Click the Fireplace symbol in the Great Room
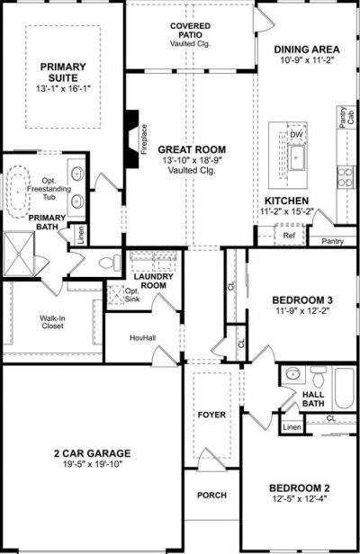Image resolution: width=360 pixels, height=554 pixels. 132,138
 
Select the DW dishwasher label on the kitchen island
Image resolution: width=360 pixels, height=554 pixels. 296,135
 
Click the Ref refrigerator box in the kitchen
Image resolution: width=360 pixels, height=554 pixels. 289,235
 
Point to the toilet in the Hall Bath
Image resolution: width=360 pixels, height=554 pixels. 319,377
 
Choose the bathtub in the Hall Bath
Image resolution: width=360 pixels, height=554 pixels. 345,388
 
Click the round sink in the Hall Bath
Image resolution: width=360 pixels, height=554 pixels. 292,373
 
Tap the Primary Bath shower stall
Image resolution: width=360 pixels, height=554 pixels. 19,254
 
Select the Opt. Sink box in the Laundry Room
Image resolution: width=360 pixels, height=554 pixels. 115,295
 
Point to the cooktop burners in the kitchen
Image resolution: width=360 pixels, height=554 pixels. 345,177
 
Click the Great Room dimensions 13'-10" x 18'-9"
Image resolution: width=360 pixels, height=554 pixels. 192,160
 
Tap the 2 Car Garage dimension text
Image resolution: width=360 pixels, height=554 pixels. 93,463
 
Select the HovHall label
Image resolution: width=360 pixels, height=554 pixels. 143,338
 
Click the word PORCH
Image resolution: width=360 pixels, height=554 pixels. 211,495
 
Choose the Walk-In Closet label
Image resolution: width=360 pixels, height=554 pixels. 52,322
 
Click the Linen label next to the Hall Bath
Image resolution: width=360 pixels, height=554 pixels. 292,427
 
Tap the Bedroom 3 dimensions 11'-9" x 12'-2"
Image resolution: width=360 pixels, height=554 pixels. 302,310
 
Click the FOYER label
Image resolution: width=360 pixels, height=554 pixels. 211,415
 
